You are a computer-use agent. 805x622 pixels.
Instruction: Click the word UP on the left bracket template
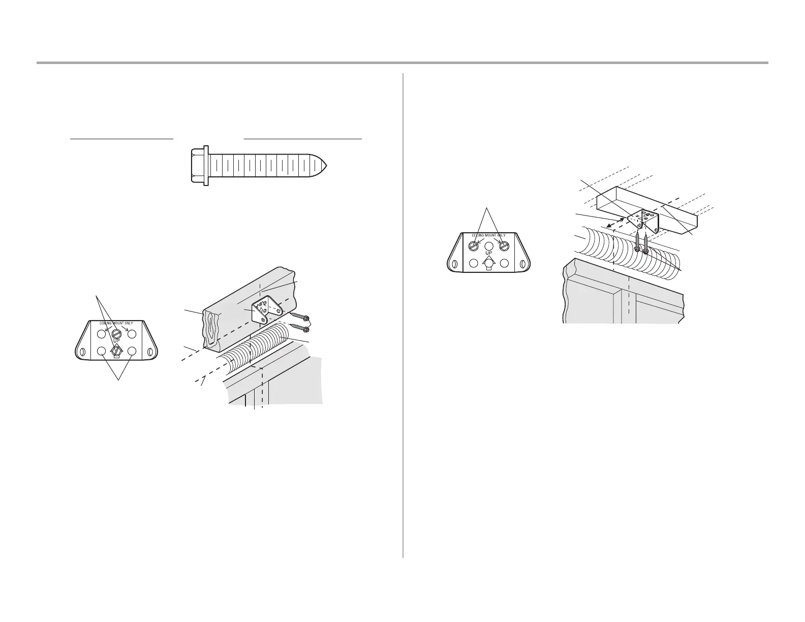[116, 341]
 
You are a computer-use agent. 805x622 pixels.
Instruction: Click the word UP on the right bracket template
[489, 253]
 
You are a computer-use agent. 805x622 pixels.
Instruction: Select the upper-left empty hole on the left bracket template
[101, 333]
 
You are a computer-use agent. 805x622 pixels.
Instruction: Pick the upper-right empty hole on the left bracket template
[132, 333]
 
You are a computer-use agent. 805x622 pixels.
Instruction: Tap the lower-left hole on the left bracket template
[101, 351]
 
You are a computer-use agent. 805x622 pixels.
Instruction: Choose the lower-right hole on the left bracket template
[132, 351]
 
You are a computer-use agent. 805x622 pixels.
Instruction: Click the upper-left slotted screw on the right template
[474, 245]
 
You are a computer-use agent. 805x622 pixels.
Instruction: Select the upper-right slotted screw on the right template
[504, 245]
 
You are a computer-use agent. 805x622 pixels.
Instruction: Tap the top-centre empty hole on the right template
[489, 245]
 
